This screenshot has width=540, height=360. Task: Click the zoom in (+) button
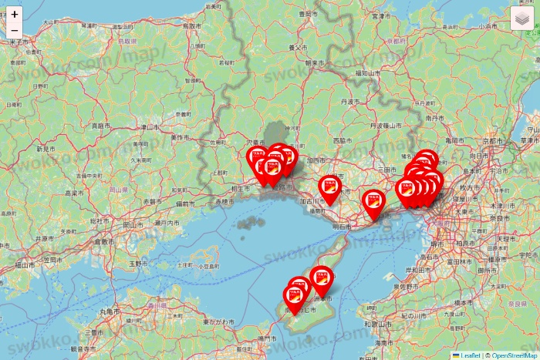(x=15, y=14)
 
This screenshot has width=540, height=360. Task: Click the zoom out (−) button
(x=15, y=31)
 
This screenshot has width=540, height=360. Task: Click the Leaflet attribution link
(x=469, y=355)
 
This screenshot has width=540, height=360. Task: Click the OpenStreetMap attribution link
(x=515, y=355)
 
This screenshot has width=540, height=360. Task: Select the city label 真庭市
(x=99, y=125)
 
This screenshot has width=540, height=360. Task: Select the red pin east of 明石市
(x=373, y=203)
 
